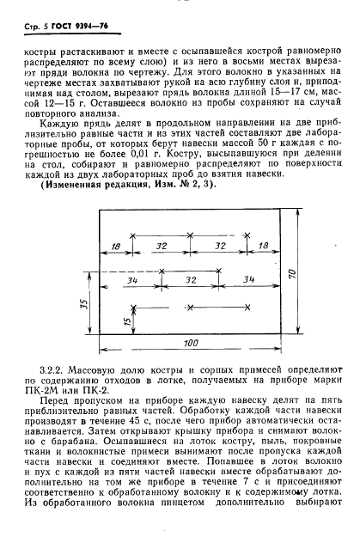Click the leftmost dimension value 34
(131, 280)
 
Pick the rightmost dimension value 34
(247, 280)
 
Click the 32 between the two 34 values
(191, 280)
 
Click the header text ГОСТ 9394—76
(70, 27)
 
